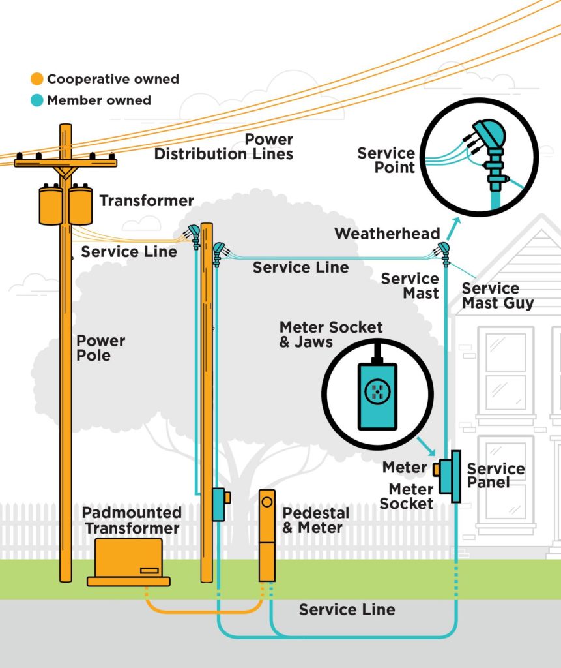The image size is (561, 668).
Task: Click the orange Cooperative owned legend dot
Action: [37, 80]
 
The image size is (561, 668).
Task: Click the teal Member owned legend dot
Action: [37, 100]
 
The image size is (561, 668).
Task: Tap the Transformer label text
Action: [147, 201]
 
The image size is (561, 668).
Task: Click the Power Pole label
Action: [100, 348]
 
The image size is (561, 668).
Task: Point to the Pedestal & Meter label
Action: [315, 520]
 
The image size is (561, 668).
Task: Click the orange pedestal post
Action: [267, 535]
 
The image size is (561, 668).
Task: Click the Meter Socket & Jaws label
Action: [330, 334]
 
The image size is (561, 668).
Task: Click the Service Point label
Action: [386, 160]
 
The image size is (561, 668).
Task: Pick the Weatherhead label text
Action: [387, 234]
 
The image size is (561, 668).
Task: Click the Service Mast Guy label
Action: [498, 296]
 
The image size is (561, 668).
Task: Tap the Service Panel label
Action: [495, 476]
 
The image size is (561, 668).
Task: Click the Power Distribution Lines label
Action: [225, 147]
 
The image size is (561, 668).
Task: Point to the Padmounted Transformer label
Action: [132, 520]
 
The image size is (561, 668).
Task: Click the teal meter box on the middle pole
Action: [219, 504]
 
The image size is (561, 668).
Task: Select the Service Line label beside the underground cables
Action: [347, 610]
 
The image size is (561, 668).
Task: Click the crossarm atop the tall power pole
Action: [65, 161]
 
